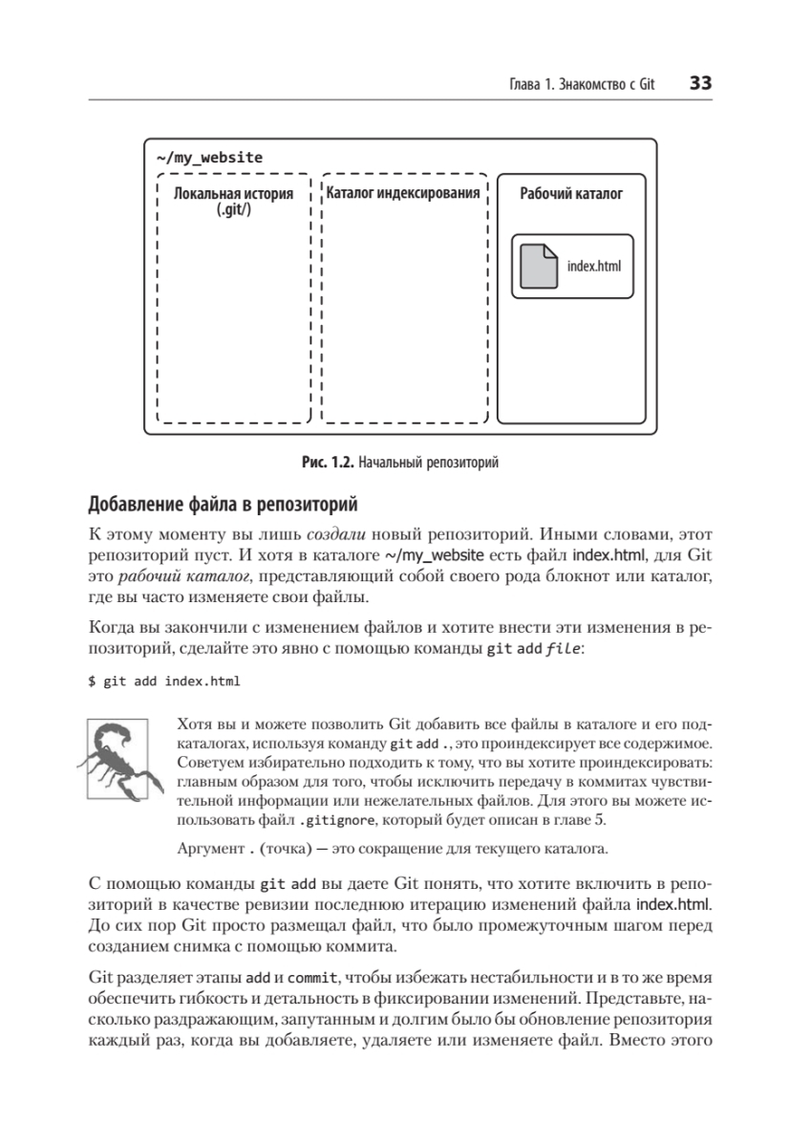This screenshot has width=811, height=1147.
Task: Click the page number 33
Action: click(700, 84)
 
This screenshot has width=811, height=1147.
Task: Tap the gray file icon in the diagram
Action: click(539, 267)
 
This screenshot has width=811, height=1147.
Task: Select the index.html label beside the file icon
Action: click(593, 267)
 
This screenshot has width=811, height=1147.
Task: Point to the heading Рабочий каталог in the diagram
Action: click(571, 194)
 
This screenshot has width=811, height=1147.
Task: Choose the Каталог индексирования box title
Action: click(403, 194)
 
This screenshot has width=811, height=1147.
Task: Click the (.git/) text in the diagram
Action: click(234, 209)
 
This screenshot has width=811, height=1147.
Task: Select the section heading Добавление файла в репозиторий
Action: click(223, 504)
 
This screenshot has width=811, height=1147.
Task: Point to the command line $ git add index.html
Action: click(164, 682)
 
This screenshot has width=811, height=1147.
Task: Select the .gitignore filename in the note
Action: click(333, 821)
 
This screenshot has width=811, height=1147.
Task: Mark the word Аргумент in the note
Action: click(210, 848)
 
